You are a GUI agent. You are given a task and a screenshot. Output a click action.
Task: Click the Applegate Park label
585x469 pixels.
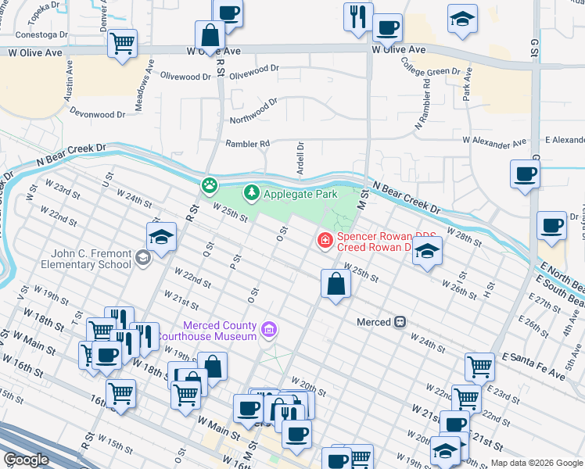point(300,193)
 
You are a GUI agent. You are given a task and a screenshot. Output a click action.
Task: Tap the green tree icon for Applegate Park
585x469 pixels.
point(251,192)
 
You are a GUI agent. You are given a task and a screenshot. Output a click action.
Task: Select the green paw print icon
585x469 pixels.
point(210,185)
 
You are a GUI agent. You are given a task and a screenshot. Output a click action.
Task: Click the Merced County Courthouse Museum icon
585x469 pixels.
point(269,331)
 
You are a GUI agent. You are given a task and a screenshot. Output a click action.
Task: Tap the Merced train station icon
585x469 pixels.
point(400,322)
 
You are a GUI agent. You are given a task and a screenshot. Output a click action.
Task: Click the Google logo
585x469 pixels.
point(26,460)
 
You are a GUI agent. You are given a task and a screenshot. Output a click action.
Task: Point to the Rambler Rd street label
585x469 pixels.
point(247,144)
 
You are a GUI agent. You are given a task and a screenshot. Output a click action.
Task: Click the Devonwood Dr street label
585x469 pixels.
point(98,114)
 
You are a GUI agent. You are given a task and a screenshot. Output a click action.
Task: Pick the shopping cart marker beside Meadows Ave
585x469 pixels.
point(123,45)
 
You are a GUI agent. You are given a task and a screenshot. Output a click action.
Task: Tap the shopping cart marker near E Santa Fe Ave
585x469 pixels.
point(479,366)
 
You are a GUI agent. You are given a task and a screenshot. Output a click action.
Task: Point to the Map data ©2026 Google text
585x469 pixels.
point(536,463)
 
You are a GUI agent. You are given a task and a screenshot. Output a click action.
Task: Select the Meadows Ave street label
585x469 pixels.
point(141,89)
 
